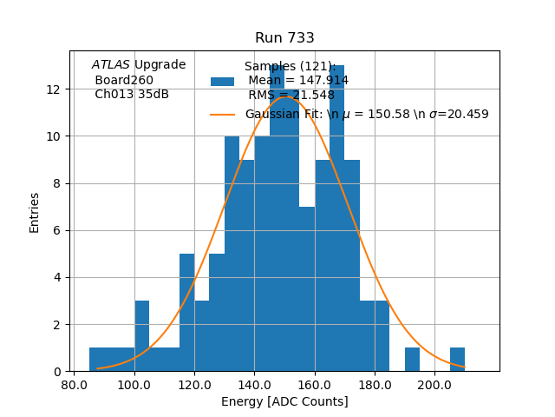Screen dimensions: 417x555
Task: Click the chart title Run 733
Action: (x=284, y=38)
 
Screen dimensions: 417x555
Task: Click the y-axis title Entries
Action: (x=35, y=212)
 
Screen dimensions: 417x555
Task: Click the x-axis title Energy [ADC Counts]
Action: (x=284, y=401)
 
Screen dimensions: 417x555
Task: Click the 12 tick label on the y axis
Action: (x=53, y=89)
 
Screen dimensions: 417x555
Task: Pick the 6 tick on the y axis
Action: (x=56, y=230)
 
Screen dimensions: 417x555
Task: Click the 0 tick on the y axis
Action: (x=56, y=372)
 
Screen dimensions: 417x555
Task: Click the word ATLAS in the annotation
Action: (x=111, y=64)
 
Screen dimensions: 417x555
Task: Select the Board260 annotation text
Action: (x=124, y=80)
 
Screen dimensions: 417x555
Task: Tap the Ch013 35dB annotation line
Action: (x=132, y=95)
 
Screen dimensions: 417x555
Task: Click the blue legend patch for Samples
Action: (x=223, y=81)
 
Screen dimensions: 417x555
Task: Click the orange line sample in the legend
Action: (x=223, y=114)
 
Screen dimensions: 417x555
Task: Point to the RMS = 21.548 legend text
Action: (x=291, y=95)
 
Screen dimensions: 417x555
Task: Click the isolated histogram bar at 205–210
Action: (x=457, y=360)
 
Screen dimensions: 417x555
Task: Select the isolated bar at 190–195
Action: (x=412, y=360)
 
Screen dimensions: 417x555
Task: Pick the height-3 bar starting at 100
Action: (x=141, y=337)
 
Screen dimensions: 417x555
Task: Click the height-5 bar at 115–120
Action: (x=186, y=313)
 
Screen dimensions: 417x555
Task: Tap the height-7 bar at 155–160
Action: (x=307, y=289)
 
